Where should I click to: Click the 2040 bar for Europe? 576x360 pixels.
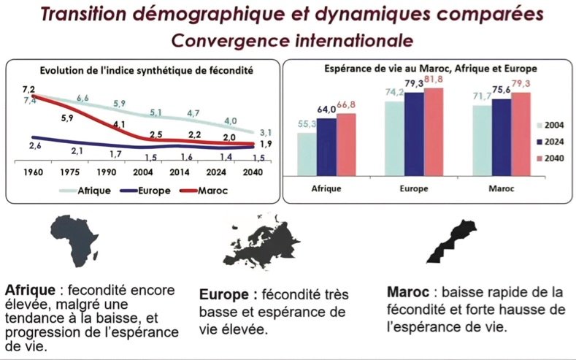pyautogui.click(x=434, y=134)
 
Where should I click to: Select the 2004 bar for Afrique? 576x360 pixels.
pyautogui.click(x=307, y=155)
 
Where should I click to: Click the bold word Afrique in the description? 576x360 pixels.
pyautogui.click(x=28, y=288)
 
